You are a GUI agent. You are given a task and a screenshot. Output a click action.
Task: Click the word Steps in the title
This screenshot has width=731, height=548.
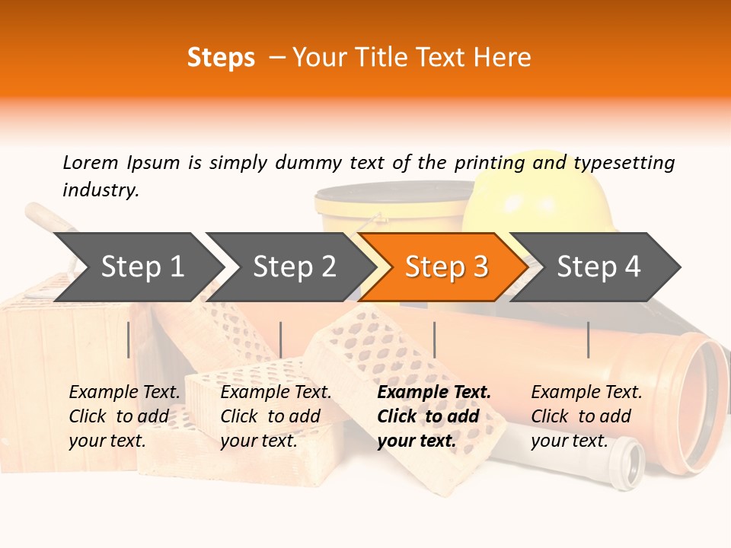[221, 58]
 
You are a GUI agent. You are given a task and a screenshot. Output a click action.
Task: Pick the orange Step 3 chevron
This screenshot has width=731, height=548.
[445, 267]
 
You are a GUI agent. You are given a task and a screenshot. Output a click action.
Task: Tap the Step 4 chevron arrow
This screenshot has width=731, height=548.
[599, 267]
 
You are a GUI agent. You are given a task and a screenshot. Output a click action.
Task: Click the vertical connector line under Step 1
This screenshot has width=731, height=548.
[129, 339]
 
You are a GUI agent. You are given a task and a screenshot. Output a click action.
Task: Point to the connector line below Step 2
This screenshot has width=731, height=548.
[281, 339]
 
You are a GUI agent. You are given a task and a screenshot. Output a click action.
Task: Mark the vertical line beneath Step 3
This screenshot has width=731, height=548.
[434, 339]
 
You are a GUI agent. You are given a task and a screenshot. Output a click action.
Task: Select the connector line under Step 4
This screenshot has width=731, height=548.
[588, 339]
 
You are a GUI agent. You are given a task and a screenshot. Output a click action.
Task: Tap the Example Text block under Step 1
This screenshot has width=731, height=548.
[124, 416]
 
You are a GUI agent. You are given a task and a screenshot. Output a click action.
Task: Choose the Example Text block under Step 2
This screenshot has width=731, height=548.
[276, 416]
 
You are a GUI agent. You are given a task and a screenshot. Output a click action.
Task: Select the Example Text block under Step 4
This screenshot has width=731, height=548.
[586, 416]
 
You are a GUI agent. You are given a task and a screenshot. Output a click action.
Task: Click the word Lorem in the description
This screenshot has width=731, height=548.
[91, 163]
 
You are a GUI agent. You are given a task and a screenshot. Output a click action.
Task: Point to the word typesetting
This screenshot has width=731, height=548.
[624, 163]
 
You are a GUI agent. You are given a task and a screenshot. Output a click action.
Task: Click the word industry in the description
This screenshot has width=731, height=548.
[101, 190]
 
